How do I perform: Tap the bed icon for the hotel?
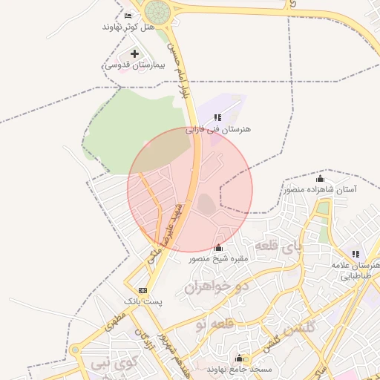[128, 16]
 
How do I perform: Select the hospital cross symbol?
[134, 53]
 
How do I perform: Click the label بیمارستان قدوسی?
[127, 65]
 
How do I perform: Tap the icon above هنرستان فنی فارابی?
[217, 117]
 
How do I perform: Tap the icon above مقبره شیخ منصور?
[218, 247]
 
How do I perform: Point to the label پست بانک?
[142, 302]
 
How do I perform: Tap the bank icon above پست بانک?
[142, 290]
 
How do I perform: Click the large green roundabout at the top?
[157, 11]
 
